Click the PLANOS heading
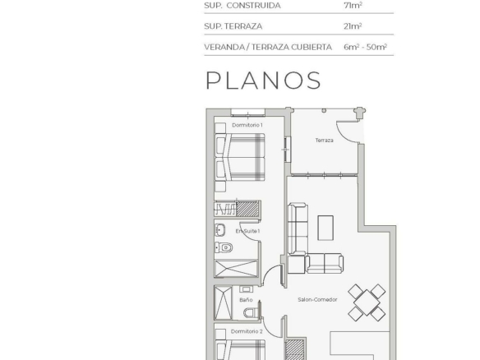[263, 81]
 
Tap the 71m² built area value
[353, 5]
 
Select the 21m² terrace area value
[353, 26]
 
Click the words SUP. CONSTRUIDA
[242, 6]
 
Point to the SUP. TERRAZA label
[233, 26]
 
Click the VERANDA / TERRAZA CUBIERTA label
[268, 47]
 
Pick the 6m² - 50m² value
[365, 47]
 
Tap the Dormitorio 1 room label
[247, 125]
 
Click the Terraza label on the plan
[324, 141]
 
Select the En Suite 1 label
[247, 231]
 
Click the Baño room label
[246, 300]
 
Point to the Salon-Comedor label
[317, 299]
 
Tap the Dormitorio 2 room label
[247, 331]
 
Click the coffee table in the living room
[325, 228]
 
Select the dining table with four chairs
[367, 302]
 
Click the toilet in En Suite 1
[224, 247]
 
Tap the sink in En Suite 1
[220, 230]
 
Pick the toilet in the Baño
[252, 312]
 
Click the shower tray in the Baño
[224, 302]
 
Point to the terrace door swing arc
[344, 136]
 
